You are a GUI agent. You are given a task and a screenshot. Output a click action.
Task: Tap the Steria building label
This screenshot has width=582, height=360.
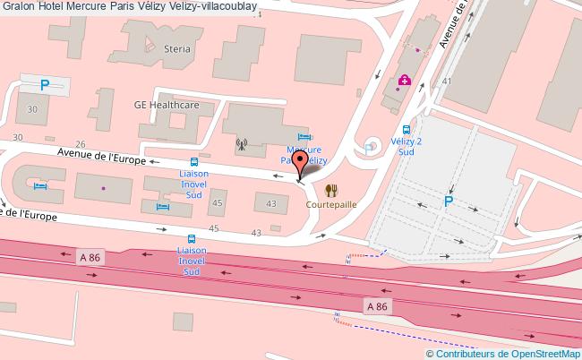click(177, 49)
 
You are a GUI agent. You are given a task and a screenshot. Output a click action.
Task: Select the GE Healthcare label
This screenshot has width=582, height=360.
click(167, 105)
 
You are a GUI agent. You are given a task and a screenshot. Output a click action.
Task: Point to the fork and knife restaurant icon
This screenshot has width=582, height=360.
click(330, 190)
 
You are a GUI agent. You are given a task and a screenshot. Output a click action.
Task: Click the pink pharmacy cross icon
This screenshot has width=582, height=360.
click(405, 81)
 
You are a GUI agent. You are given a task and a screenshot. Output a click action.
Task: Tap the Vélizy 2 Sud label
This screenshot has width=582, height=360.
click(406, 147)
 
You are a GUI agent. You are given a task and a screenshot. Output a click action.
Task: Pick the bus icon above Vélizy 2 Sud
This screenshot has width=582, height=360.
click(406, 128)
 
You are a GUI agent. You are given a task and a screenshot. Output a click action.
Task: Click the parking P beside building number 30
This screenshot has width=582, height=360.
click(44, 85)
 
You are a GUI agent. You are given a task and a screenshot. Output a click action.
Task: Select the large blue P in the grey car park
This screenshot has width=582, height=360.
click(448, 202)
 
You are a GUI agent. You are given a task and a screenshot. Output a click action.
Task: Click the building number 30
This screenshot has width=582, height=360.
click(32, 108)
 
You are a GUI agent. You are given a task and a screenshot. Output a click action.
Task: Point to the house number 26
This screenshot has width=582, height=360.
click(81, 143)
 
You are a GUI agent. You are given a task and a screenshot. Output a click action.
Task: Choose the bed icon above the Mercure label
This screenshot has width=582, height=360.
click(303, 136)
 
